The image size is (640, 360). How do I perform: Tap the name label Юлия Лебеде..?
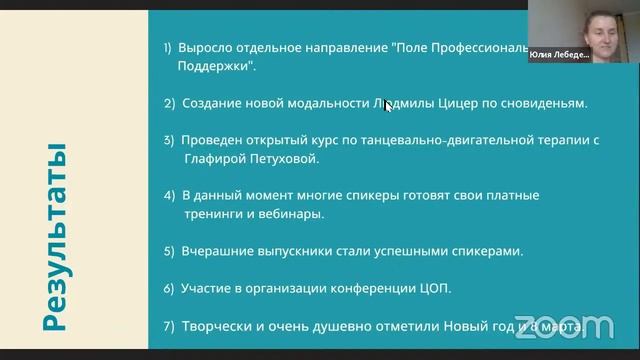click(558, 55)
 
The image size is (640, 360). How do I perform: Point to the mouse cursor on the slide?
click(389, 104)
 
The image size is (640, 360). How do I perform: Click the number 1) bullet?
click(168, 47)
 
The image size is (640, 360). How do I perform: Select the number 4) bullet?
click(169, 195)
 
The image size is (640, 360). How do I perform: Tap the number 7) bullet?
click(169, 326)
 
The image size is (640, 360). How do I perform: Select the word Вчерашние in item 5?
click(220, 251)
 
